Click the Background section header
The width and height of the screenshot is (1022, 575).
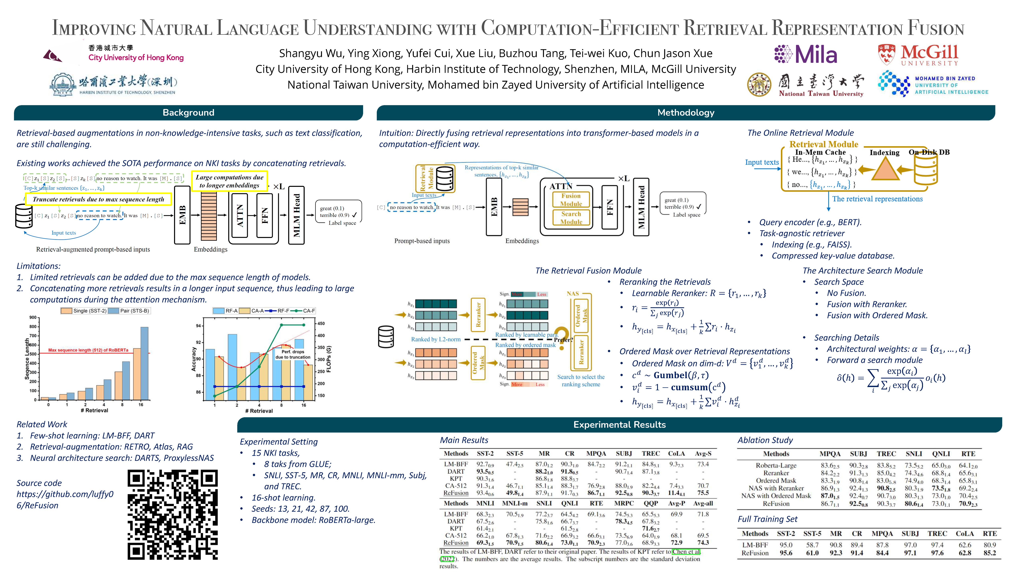(x=188, y=113)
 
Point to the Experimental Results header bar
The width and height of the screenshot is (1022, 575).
(x=619, y=425)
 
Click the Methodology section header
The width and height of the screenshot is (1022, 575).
(x=686, y=113)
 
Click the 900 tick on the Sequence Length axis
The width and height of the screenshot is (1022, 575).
(x=33, y=317)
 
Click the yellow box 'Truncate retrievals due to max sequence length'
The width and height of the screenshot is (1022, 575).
(x=98, y=199)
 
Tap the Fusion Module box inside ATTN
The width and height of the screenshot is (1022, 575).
(x=571, y=200)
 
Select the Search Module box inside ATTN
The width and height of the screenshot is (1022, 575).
(x=571, y=217)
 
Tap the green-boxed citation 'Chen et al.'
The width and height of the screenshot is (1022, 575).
(x=686, y=552)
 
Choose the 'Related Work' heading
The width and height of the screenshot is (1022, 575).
(x=42, y=424)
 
